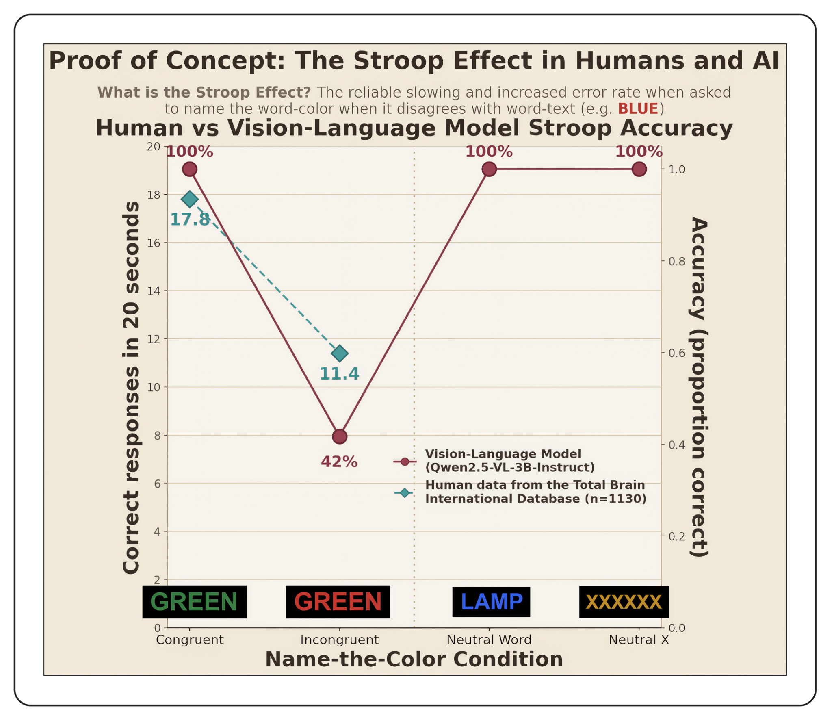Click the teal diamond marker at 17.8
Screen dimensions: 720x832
click(x=190, y=199)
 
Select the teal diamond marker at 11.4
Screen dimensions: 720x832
click(x=340, y=353)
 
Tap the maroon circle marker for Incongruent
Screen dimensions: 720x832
click(x=340, y=437)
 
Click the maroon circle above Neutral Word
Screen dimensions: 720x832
click(x=489, y=169)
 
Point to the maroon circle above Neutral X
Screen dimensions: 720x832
click(x=639, y=169)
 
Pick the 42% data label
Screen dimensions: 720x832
click(x=339, y=462)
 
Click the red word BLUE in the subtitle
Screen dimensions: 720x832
click(x=638, y=109)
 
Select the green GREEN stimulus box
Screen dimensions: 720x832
click(x=194, y=602)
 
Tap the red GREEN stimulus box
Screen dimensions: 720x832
click(x=338, y=602)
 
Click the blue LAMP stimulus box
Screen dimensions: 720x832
click(x=491, y=602)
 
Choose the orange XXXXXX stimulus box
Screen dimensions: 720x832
click(x=624, y=602)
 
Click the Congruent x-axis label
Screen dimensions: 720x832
click(x=190, y=640)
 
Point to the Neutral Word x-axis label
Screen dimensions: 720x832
click(x=489, y=640)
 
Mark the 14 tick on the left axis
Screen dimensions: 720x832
click(x=154, y=291)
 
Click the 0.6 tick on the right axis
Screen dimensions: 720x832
click(x=677, y=353)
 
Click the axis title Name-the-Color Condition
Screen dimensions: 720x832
click(x=414, y=659)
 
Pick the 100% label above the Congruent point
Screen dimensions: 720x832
click(x=190, y=152)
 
